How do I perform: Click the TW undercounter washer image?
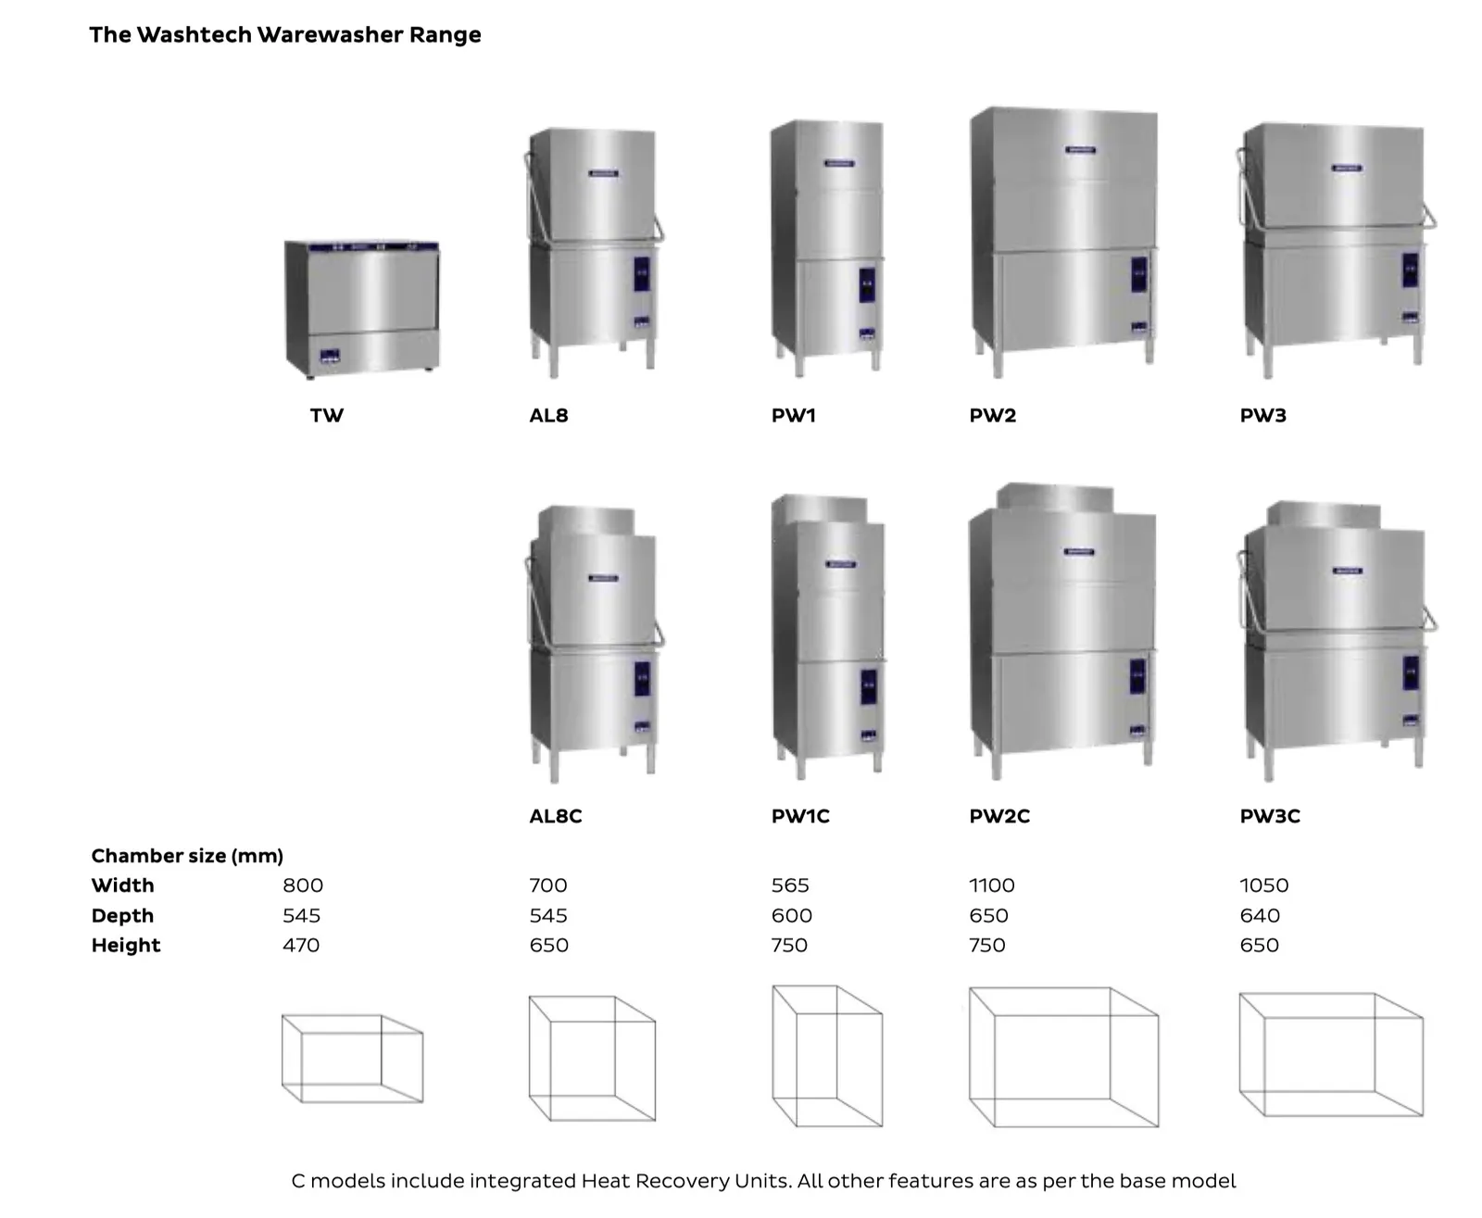pyautogui.click(x=361, y=308)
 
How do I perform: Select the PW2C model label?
pyautogui.click(x=998, y=816)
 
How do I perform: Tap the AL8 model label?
pyautogui.click(x=548, y=415)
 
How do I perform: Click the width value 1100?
pyautogui.click(x=991, y=885)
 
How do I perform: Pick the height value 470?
pyautogui.click(x=301, y=945)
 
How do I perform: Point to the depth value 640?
pyautogui.click(x=1259, y=915)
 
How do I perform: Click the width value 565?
pyautogui.click(x=789, y=885)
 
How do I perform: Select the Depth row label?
pyautogui.click(x=122, y=915)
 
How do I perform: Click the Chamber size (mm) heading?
pyautogui.click(x=187, y=855)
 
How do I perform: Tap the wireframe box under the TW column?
pyautogui.click(x=352, y=1058)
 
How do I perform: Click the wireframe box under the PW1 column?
pyautogui.click(x=827, y=1056)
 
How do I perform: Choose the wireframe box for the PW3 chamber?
pyautogui.click(x=1330, y=1054)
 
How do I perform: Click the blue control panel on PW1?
pyautogui.click(x=866, y=284)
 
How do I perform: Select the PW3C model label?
pyautogui.click(x=1269, y=816)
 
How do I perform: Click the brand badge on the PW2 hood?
pyautogui.click(x=1080, y=149)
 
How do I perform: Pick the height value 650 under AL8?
pyautogui.click(x=548, y=945)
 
